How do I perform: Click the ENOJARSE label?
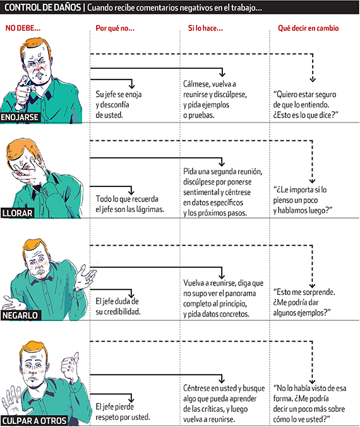click(x=20, y=117)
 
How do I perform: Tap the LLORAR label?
click(x=17, y=213)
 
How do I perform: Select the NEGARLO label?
click(x=20, y=315)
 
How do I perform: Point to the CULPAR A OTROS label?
click(x=34, y=421)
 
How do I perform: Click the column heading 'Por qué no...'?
click(x=115, y=28)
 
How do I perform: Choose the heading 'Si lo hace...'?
click(x=205, y=28)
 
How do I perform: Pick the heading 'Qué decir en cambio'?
click(x=308, y=28)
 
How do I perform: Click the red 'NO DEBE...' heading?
click(x=23, y=28)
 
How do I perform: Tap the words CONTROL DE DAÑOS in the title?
click(x=43, y=8)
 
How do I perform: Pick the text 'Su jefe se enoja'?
click(x=119, y=94)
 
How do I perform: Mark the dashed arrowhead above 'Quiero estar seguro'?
click(x=313, y=80)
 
